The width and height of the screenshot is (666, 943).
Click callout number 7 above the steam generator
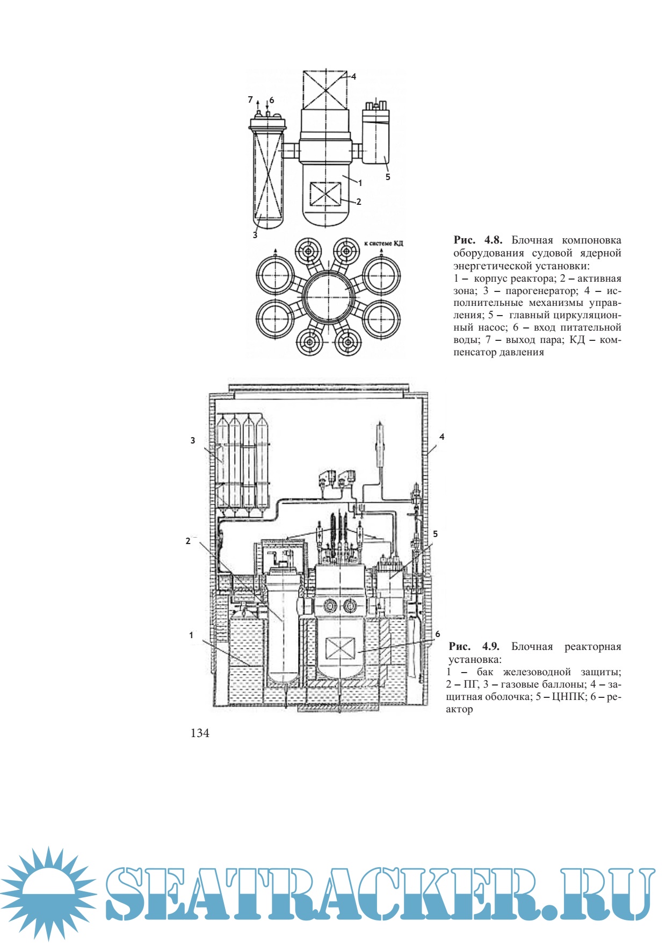pyautogui.click(x=250, y=99)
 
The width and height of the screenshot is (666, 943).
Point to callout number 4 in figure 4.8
pyautogui.click(x=354, y=76)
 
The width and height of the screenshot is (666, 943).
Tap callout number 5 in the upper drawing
pyautogui.click(x=388, y=177)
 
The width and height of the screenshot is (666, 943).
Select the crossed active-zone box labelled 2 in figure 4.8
pyautogui.click(x=325, y=194)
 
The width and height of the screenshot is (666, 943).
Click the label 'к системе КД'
pyautogui.click(x=384, y=244)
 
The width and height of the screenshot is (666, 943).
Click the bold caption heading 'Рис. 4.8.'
pyautogui.click(x=477, y=240)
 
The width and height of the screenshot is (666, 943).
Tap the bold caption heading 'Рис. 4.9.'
pyautogui.click(x=474, y=647)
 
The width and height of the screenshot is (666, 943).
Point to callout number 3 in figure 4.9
pyautogui.click(x=193, y=440)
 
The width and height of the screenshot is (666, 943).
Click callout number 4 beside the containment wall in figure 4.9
pyautogui.click(x=442, y=437)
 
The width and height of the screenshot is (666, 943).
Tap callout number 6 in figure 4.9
pyautogui.click(x=438, y=634)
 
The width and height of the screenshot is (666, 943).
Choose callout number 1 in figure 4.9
pyautogui.click(x=191, y=635)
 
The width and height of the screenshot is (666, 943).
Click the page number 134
pyautogui.click(x=200, y=733)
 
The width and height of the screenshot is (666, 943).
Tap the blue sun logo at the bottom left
pyautogui.click(x=49, y=892)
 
